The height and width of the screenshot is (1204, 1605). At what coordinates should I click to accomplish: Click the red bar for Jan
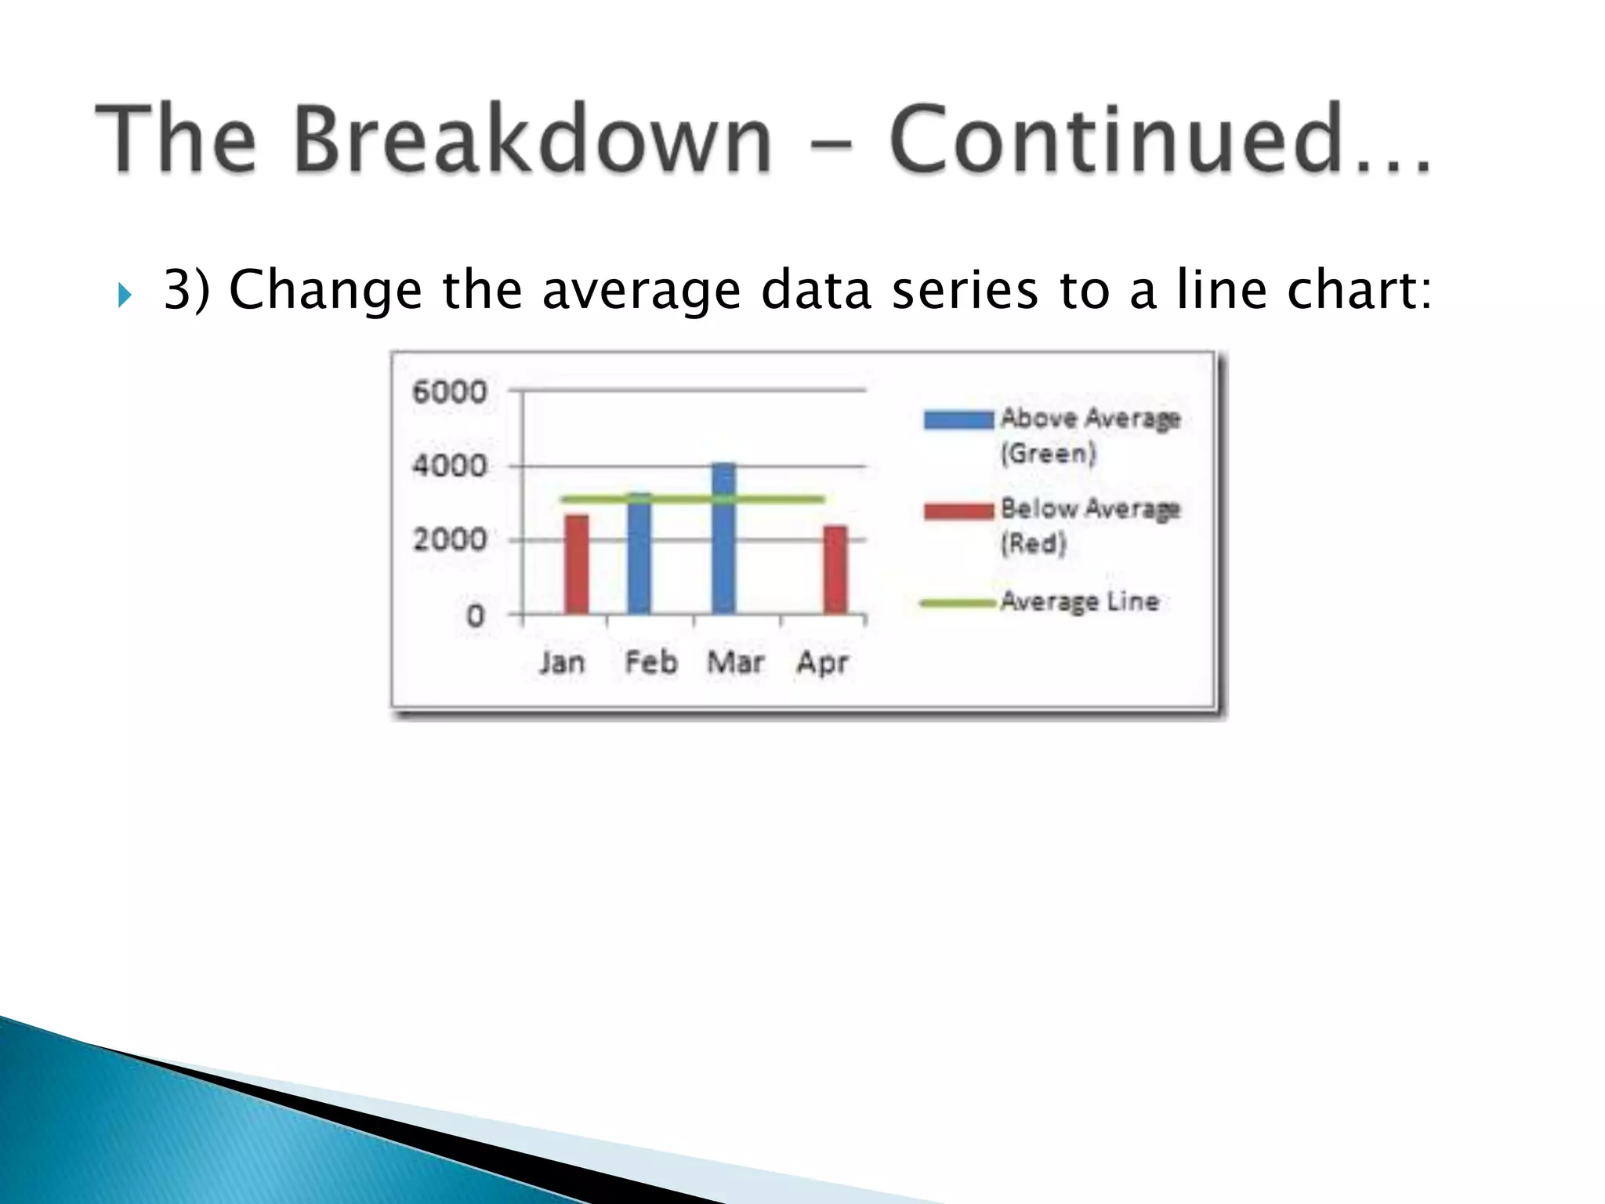click(x=577, y=564)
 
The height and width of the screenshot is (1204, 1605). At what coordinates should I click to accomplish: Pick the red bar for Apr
click(x=835, y=570)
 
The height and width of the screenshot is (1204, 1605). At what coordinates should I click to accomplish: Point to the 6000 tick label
click(x=449, y=391)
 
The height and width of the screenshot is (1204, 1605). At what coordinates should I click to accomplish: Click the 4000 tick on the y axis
click(x=449, y=466)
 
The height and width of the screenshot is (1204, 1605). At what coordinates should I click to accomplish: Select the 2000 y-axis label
click(x=449, y=540)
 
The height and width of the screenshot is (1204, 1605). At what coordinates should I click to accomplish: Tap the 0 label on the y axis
click(x=475, y=615)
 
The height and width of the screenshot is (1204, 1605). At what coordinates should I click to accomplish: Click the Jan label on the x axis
click(x=562, y=663)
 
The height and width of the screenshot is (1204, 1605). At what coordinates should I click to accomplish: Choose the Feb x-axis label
click(x=650, y=663)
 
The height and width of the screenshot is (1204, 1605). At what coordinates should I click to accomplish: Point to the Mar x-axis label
click(x=735, y=663)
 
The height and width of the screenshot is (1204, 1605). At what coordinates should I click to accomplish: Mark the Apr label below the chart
click(x=822, y=663)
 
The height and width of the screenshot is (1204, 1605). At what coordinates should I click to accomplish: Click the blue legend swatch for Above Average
click(x=958, y=419)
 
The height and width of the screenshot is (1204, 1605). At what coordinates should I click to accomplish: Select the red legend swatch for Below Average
click(x=958, y=511)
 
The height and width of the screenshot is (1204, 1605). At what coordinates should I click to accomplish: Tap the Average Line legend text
click(x=1080, y=602)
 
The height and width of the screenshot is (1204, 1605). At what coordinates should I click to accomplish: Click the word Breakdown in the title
click(x=533, y=140)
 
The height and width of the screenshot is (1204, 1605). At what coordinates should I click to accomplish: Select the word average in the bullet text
click(x=641, y=290)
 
